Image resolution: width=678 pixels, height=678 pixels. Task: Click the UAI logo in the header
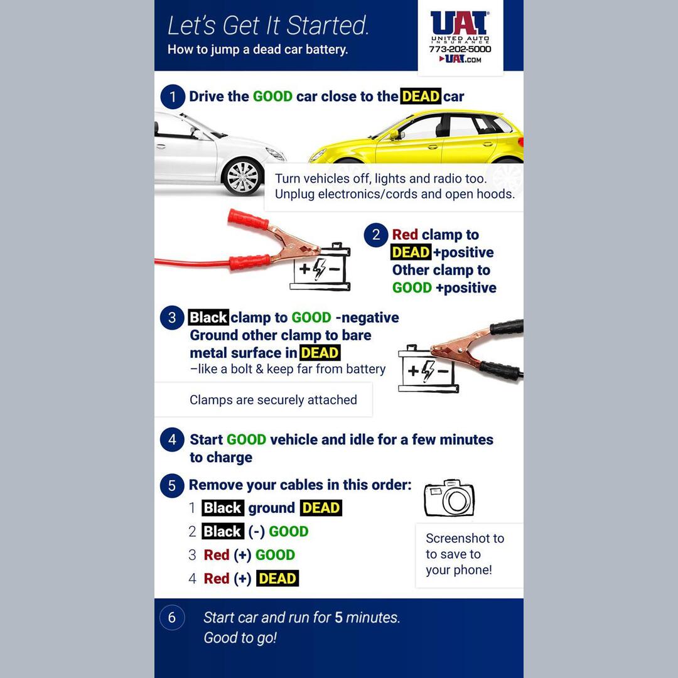(460, 24)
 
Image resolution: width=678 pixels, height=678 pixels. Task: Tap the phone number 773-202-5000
(460, 49)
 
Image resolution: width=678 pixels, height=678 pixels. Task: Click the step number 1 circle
(172, 97)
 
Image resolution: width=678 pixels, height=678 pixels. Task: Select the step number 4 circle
(172, 439)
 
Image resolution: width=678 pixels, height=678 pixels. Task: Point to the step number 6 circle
(172, 618)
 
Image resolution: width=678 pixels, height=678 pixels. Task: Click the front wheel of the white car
(242, 177)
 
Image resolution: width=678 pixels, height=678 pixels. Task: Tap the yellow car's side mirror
(394, 134)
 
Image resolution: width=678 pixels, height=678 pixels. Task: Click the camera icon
(449, 499)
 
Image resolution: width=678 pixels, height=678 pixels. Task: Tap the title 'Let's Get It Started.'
(268, 26)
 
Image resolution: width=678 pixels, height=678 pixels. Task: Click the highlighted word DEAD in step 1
(420, 97)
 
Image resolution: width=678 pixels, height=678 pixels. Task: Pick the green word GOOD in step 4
(246, 439)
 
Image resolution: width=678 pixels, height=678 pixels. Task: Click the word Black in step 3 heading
(208, 318)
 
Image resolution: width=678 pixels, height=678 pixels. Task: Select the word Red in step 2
(405, 235)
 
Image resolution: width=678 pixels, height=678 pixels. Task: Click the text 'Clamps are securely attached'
(273, 400)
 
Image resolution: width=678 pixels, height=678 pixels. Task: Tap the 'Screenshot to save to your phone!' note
(465, 554)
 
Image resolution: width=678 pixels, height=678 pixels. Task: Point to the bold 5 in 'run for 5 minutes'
(338, 618)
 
